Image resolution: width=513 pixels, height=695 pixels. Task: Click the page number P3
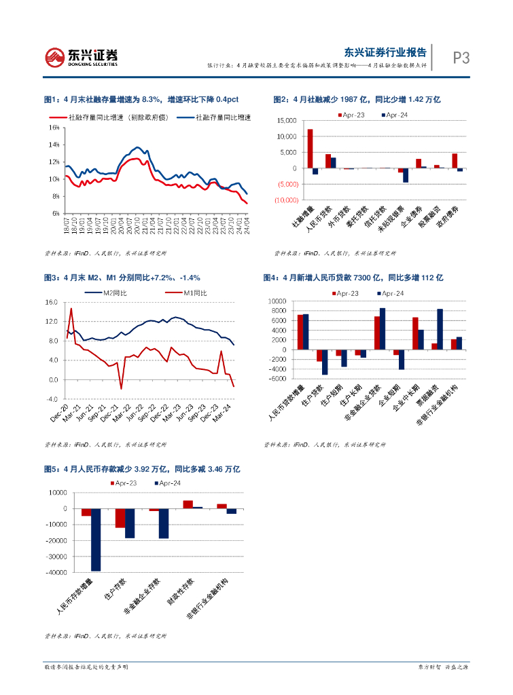tap(461, 58)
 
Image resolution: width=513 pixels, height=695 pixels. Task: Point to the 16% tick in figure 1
tap(54, 128)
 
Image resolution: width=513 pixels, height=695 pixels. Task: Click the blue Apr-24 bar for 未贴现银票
tap(406, 175)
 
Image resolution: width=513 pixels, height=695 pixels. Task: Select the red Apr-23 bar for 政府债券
tap(455, 161)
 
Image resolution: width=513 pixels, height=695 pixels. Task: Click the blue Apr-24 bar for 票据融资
tap(440, 329)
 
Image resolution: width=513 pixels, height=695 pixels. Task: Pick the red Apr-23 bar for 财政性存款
tap(188, 504)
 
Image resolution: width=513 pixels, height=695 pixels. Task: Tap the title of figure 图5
tap(141, 469)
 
